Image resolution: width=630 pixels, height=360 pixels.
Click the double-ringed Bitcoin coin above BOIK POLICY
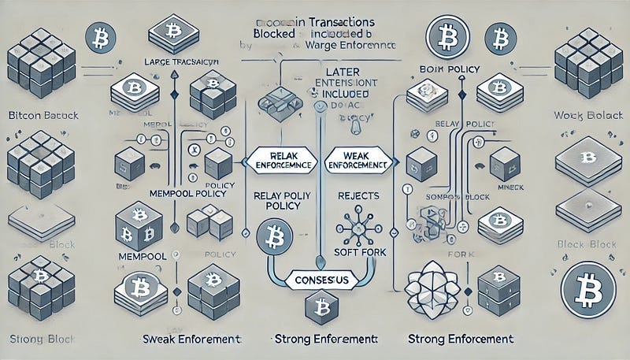click(x=443, y=36)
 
